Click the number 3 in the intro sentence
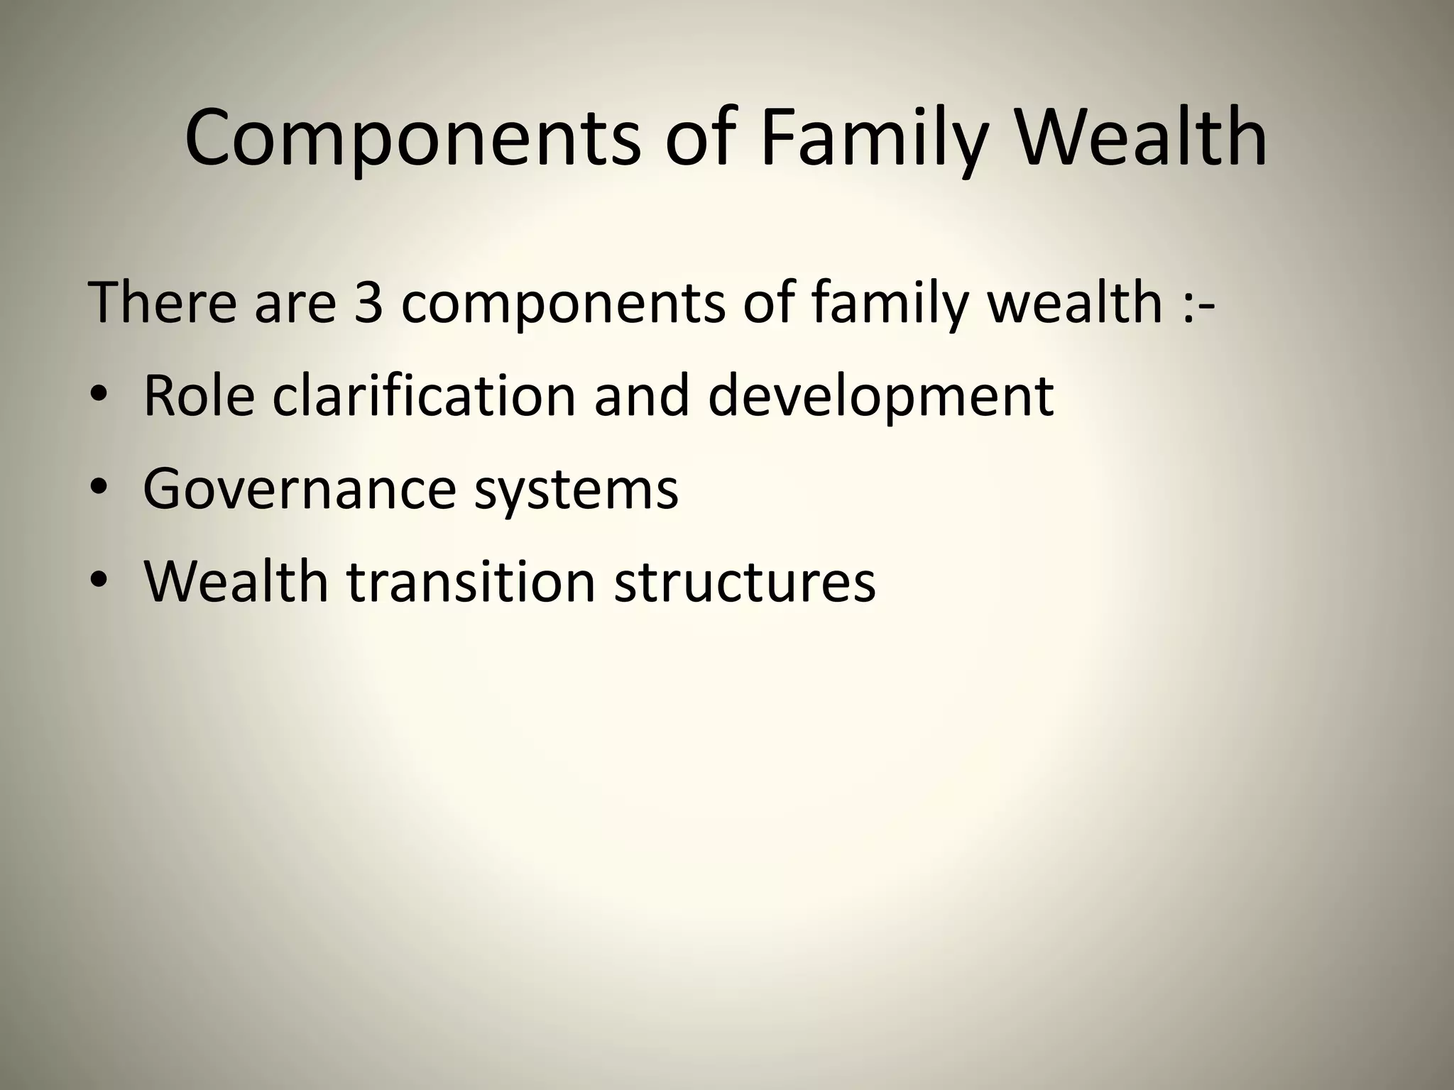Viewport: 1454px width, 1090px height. (368, 302)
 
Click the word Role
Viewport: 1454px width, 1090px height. (199, 395)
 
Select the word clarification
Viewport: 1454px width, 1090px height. (423, 395)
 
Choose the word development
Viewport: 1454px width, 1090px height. (880, 395)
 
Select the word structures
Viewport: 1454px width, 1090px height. (745, 582)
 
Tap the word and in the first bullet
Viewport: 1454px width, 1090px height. (642, 395)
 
